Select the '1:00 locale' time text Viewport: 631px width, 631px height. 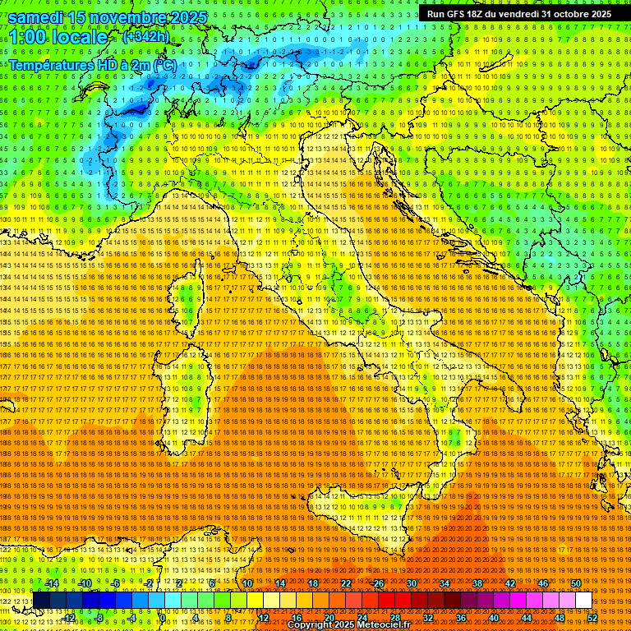(x=58, y=37)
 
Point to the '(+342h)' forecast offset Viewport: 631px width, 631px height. (x=145, y=37)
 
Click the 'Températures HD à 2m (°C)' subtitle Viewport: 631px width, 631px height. (x=93, y=64)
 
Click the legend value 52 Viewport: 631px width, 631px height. (x=592, y=618)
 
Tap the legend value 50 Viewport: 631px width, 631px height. (x=576, y=583)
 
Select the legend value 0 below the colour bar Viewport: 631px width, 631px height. (x=163, y=618)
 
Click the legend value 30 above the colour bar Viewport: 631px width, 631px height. (x=411, y=583)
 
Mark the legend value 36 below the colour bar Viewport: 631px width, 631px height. (x=460, y=618)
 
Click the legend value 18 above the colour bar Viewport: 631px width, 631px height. (x=312, y=583)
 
